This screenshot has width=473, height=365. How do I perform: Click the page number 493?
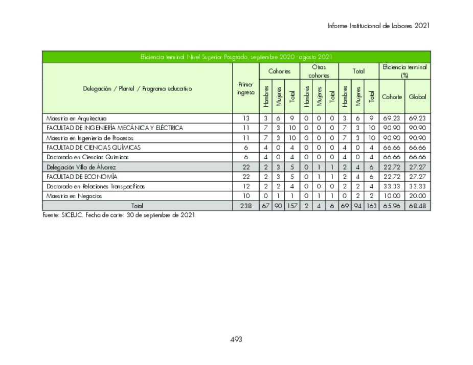[236, 339]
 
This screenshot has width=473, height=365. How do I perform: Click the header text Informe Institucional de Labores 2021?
[379, 26]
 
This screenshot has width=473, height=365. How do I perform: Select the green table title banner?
[236, 57]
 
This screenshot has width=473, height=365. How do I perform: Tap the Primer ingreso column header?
[245, 89]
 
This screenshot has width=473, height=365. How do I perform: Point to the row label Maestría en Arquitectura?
[76, 118]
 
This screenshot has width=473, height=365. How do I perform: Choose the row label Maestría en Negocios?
[74, 196]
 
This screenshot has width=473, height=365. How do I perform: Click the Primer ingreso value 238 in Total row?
[245, 206]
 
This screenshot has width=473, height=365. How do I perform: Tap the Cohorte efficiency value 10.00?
[392, 196]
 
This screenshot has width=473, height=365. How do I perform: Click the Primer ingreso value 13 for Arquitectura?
[245, 118]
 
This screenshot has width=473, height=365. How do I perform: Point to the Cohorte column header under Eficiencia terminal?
[392, 97]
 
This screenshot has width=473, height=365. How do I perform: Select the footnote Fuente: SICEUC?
[118, 215]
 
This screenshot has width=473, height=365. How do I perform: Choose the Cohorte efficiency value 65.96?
[392, 206]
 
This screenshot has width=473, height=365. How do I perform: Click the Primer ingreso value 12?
[245, 186]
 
